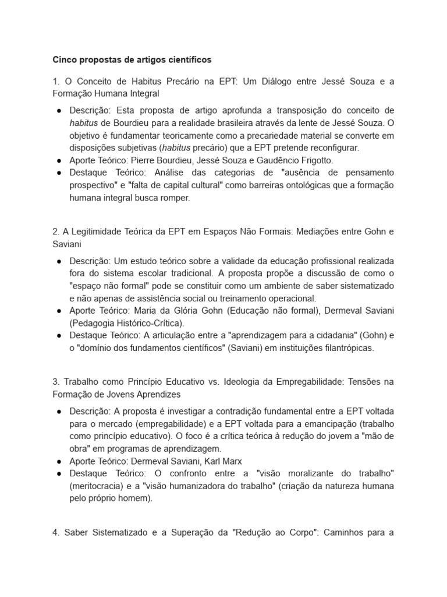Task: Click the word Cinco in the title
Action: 65,59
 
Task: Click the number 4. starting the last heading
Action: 56,532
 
